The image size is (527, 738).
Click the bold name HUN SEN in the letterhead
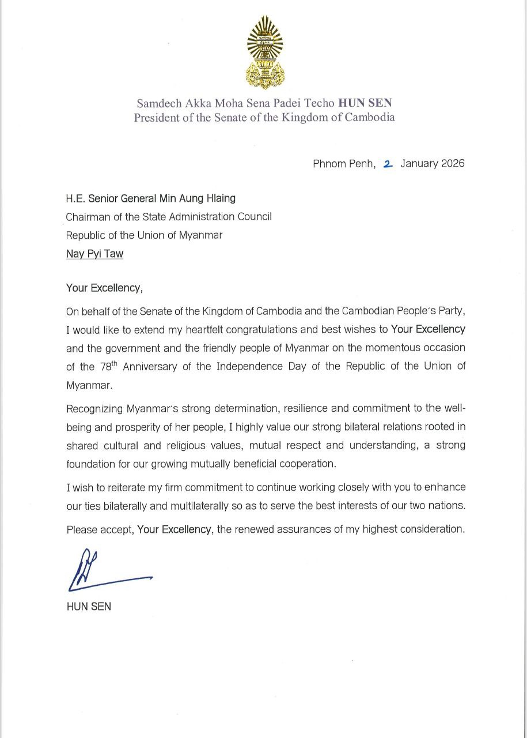[x=365, y=103]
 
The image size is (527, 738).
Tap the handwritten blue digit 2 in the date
[x=388, y=164]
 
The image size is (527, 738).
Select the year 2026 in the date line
[x=453, y=164]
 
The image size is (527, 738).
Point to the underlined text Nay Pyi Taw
[x=94, y=254]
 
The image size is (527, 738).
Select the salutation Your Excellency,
[x=104, y=288]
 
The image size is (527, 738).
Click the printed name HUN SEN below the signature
[x=89, y=607]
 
